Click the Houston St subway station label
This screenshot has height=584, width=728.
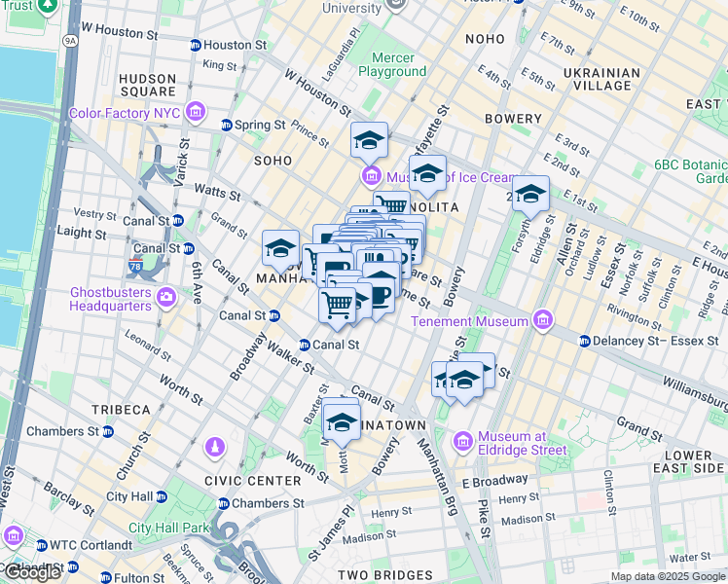(x=228, y=45)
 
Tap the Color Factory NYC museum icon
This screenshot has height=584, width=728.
(x=197, y=113)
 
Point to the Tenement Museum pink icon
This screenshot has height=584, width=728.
(x=543, y=320)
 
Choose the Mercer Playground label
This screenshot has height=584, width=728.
(x=392, y=64)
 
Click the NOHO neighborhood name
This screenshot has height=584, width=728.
(x=485, y=39)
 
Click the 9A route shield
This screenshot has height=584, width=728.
(x=69, y=42)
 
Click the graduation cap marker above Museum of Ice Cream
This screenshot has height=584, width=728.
(x=369, y=141)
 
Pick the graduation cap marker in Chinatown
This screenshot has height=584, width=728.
(x=341, y=421)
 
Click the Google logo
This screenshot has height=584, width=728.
(x=31, y=572)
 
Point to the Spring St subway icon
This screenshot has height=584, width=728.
(x=227, y=125)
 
